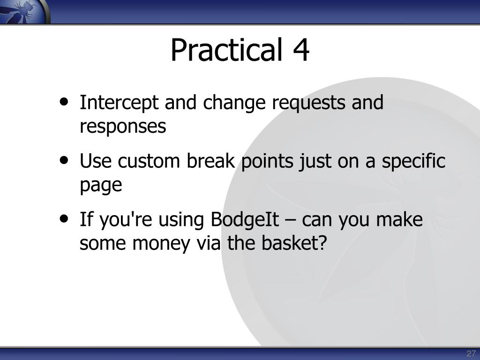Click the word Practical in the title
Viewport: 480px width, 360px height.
(x=226, y=50)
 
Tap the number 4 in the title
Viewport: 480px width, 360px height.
(x=301, y=50)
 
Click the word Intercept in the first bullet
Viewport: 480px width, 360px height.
(x=119, y=103)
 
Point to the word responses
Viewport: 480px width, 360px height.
(x=123, y=127)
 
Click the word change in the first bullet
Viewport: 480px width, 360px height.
(x=234, y=103)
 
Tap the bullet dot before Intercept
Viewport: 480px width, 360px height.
(x=64, y=102)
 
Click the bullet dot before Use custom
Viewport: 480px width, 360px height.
(x=64, y=160)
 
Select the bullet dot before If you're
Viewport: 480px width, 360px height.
(x=64, y=219)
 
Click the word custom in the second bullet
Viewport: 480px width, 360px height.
(x=149, y=161)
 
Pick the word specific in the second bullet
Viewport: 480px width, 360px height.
(x=413, y=161)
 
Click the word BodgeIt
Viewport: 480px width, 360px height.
(x=245, y=220)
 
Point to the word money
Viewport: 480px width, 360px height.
(x=161, y=244)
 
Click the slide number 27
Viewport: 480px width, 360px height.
(x=471, y=353)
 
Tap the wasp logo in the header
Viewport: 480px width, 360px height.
(x=23, y=11)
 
